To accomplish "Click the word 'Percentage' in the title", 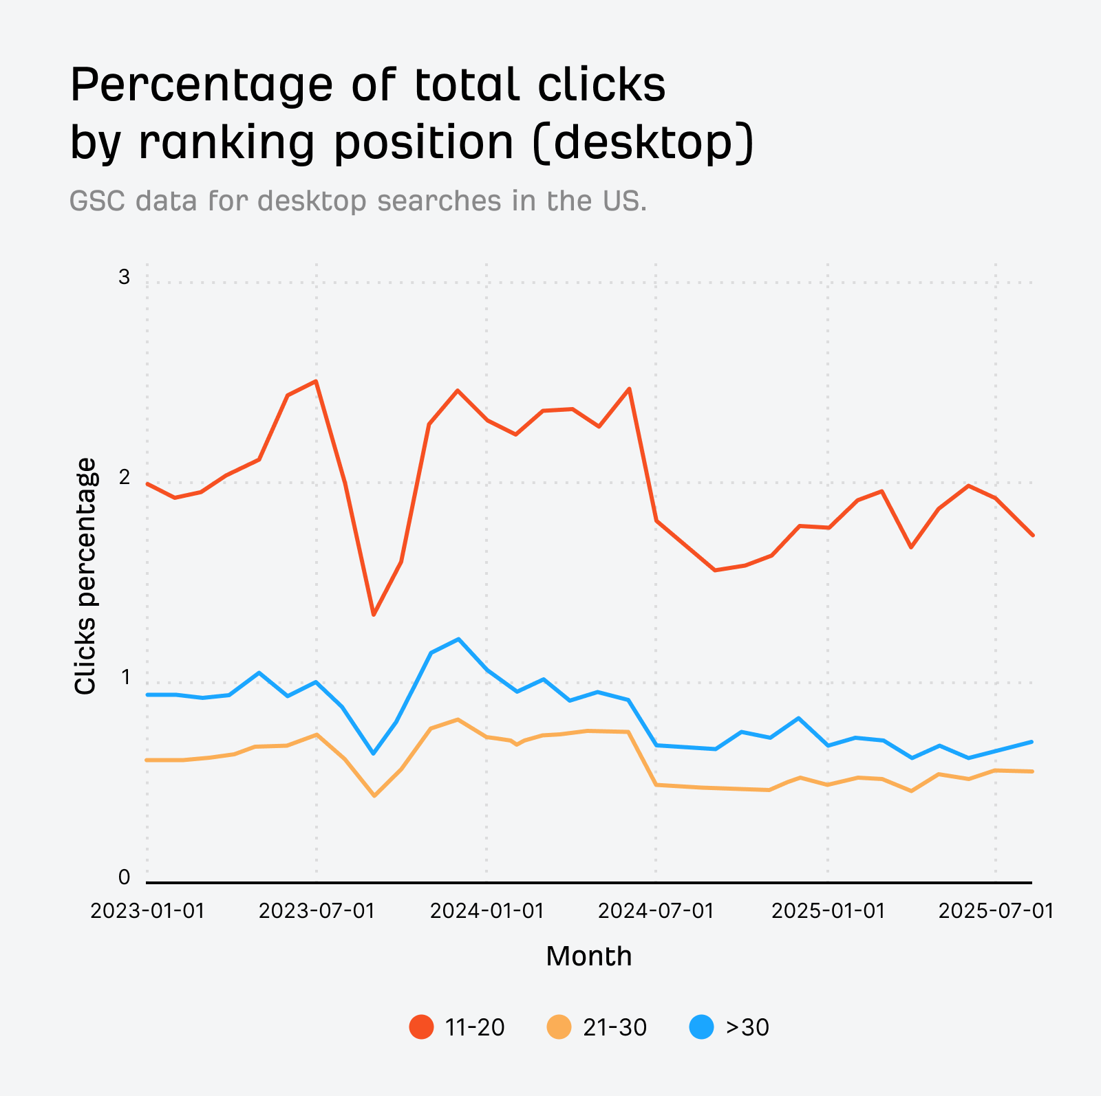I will [x=201, y=86].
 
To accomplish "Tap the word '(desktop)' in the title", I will [x=643, y=142].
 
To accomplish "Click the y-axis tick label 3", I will [x=124, y=277].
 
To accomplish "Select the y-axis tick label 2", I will [x=124, y=477].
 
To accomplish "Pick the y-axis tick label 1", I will [x=125, y=677].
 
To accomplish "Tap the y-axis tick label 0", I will [x=124, y=877].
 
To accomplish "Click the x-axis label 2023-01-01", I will [x=147, y=911].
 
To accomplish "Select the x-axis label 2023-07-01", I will [x=317, y=911].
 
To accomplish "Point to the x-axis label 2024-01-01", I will [x=487, y=911].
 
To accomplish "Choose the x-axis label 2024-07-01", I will [x=656, y=911].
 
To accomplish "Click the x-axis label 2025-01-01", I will [x=828, y=911].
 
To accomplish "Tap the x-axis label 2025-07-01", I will [x=996, y=911].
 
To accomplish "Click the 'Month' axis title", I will [x=588, y=956].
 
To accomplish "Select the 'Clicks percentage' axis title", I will [x=85, y=576].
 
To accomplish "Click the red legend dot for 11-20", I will [x=421, y=1027].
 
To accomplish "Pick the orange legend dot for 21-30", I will [x=559, y=1027].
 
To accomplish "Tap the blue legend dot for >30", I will [x=701, y=1027].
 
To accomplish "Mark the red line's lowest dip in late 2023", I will [x=374, y=614].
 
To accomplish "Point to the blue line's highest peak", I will [x=458, y=639].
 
